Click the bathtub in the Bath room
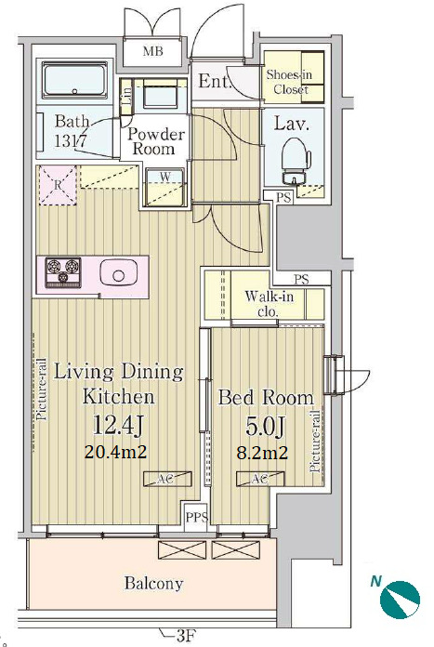click(74, 80)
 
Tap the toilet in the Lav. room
click(296, 160)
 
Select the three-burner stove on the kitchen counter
click(63, 272)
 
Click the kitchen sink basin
click(118, 274)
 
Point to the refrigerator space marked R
click(58, 185)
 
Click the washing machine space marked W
click(165, 187)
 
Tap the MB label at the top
click(152, 51)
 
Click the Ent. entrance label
click(214, 81)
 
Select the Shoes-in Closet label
click(289, 82)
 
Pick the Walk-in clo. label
click(269, 303)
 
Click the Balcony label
click(154, 584)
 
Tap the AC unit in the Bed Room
click(259, 479)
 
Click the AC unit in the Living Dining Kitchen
click(167, 479)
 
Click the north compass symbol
click(400, 601)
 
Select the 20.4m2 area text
click(116, 452)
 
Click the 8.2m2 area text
click(262, 453)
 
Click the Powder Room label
click(155, 141)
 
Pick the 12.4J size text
click(118, 425)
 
